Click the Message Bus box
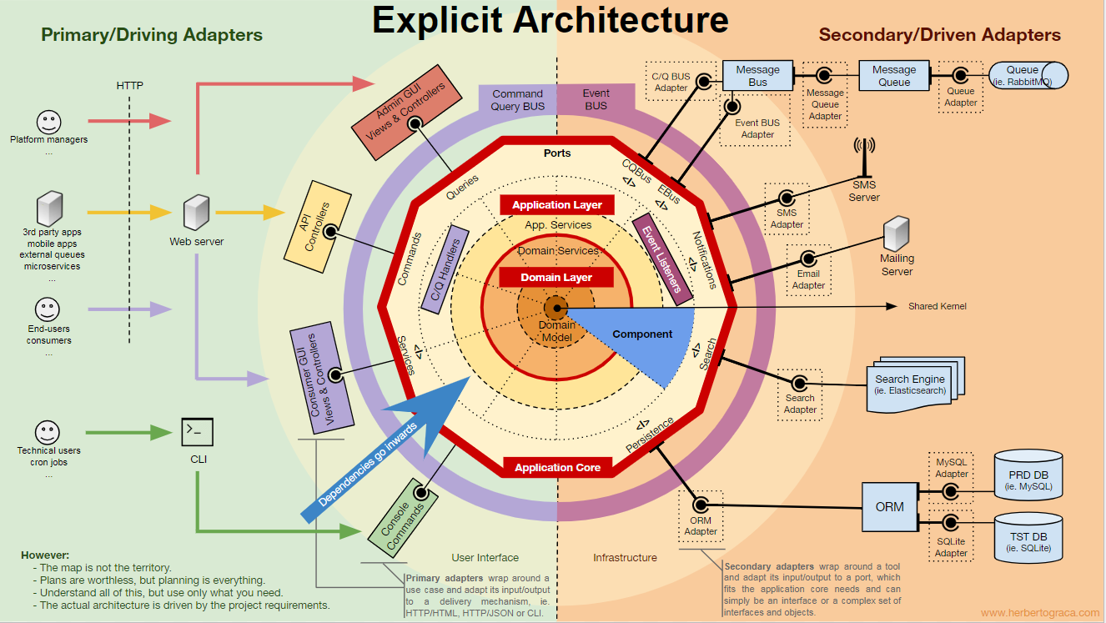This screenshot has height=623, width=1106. [757, 76]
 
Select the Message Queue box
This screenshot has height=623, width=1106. [894, 76]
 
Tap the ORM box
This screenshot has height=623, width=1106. [889, 506]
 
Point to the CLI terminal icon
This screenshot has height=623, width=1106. [198, 432]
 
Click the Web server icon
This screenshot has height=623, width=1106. [196, 213]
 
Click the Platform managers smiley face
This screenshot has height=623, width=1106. [48, 122]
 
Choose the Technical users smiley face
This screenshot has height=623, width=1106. [48, 432]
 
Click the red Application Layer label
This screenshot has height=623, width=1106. [556, 204]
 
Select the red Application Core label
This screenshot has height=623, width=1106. [557, 467]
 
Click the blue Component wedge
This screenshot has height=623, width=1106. [646, 338]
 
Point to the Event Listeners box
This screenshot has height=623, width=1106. [663, 259]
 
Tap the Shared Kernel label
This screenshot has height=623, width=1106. [937, 307]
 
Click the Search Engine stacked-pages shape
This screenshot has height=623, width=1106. [914, 384]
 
